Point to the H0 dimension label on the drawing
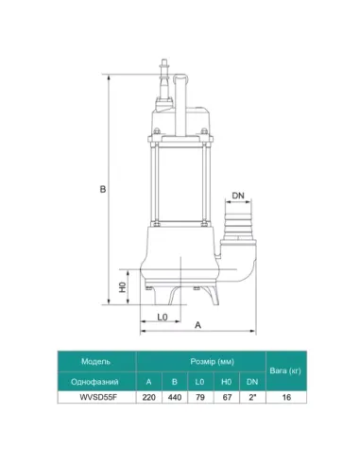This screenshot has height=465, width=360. click(121, 285)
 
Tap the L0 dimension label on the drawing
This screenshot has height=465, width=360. click(162, 317)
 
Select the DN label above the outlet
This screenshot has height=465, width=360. click(238, 195)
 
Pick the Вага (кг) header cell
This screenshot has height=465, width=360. click(287, 370)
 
